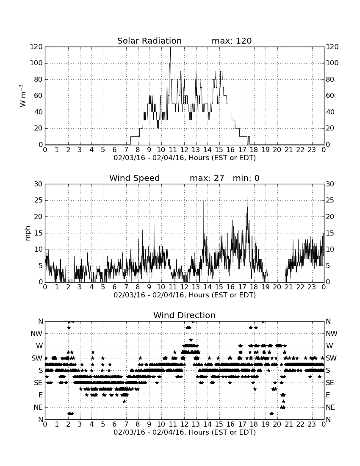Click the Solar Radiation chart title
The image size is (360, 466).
150,41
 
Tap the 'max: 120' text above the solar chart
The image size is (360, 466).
232,41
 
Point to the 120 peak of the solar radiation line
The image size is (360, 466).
170,47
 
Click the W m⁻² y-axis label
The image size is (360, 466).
23,96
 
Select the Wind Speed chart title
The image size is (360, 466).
135,178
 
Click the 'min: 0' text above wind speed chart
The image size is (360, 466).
246,178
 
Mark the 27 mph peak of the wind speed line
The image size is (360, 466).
248,194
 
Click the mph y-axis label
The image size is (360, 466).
28,233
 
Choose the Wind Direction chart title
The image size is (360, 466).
184,315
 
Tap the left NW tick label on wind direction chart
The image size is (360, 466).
36,333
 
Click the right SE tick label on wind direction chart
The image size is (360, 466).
330,383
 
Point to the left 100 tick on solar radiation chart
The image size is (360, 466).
36,63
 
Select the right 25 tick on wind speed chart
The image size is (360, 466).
330,200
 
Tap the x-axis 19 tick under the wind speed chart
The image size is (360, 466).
265,287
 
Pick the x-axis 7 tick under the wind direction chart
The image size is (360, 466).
126,424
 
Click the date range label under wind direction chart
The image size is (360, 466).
185,432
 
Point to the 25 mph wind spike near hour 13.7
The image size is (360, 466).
204,201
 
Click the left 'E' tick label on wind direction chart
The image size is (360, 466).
41,395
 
